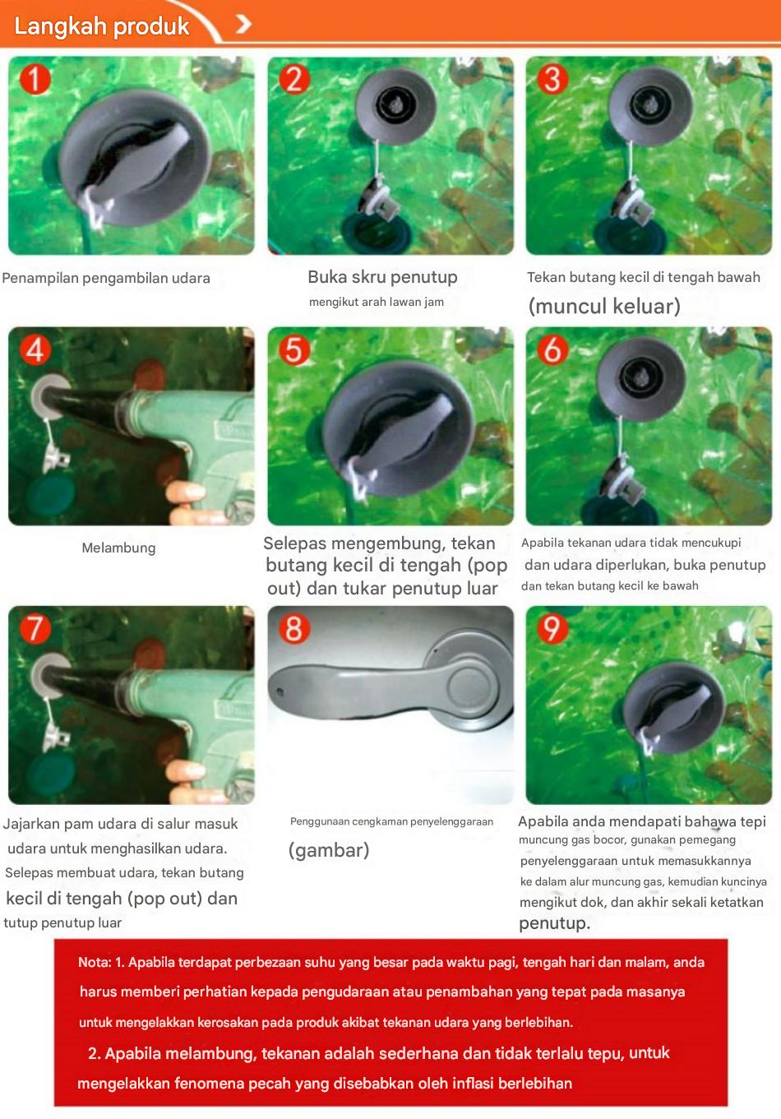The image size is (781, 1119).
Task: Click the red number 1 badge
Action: coord(35,80)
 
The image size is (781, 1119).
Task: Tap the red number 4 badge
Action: coord(35,350)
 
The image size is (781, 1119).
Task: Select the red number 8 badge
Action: coord(293,628)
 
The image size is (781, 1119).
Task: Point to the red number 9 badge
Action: coord(552,628)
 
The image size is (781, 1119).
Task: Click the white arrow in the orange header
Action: coord(243,24)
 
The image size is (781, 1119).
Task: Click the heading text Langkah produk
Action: coord(102,26)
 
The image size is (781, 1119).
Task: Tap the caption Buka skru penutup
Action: coord(382,277)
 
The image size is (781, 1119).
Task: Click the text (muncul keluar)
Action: coord(604,306)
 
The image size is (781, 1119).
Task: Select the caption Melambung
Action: coord(118,548)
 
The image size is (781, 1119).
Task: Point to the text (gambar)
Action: coord(329,850)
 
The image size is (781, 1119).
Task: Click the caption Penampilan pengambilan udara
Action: coord(106,278)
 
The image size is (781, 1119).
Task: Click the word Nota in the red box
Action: coord(94,962)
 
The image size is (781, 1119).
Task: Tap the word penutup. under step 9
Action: coord(554,924)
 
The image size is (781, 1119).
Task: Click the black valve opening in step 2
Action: coord(395,104)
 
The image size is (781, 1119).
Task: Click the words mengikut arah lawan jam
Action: coord(376,302)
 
